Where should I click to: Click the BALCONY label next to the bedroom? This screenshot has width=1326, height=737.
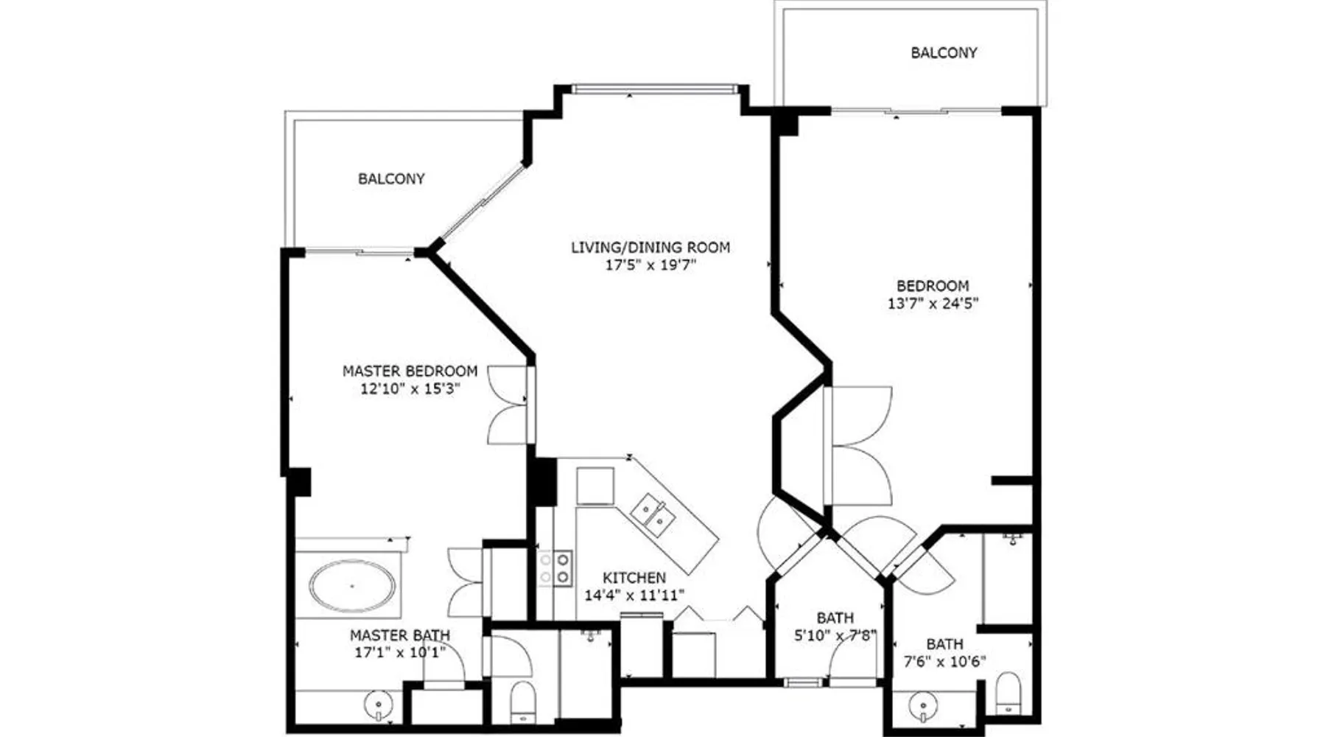click(944, 53)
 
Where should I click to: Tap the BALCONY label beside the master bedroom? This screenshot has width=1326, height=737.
click(391, 179)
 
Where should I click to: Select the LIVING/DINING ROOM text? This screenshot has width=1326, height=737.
click(650, 248)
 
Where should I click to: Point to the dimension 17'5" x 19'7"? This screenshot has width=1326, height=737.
click(650, 265)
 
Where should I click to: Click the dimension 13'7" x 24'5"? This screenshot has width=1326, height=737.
click(933, 303)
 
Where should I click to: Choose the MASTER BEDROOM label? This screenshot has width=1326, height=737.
click(410, 371)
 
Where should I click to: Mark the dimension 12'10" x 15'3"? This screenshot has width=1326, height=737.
click(410, 388)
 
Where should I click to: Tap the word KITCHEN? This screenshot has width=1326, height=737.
click(634, 578)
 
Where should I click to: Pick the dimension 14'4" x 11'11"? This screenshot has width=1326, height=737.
click(634, 595)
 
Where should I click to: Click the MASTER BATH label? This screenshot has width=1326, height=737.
click(400, 635)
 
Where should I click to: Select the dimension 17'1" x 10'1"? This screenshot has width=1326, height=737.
click(400, 652)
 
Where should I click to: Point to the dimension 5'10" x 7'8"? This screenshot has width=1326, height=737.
click(835, 635)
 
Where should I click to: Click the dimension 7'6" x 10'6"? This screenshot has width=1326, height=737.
click(944, 661)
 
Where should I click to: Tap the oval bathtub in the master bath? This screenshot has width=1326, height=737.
click(351, 587)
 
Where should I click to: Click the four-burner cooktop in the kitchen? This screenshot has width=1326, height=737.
click(555, 568)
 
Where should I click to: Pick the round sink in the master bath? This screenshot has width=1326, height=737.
click(378, 705)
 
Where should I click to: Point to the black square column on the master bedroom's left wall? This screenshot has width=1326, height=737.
click(298, 482)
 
